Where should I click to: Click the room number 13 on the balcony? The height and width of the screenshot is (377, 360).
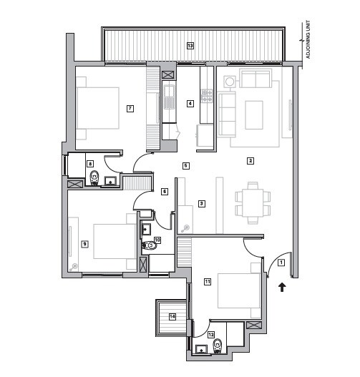point(190,45)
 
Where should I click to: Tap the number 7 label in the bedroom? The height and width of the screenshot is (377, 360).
point(130,109)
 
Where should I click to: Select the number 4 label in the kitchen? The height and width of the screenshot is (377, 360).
point(190,104)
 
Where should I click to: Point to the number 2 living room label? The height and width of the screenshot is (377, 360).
point(250,160)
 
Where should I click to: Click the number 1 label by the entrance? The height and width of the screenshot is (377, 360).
point(281,263)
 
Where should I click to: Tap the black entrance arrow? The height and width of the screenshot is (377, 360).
point(281,287)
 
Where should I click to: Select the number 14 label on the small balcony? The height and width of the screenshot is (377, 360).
point(172,316)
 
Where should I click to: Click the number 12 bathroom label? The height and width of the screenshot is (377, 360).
point(210,334)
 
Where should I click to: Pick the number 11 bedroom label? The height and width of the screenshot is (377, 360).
point(208,281)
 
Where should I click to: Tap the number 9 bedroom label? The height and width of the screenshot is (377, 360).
point(84,244)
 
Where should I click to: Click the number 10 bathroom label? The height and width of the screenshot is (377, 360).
point(157,240)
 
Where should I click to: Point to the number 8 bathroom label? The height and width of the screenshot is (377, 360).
point(90,164)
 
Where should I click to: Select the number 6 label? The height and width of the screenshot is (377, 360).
point(164,191)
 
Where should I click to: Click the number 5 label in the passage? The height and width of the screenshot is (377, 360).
point(185,165)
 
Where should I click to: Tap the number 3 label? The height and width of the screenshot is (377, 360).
point(202,203)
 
